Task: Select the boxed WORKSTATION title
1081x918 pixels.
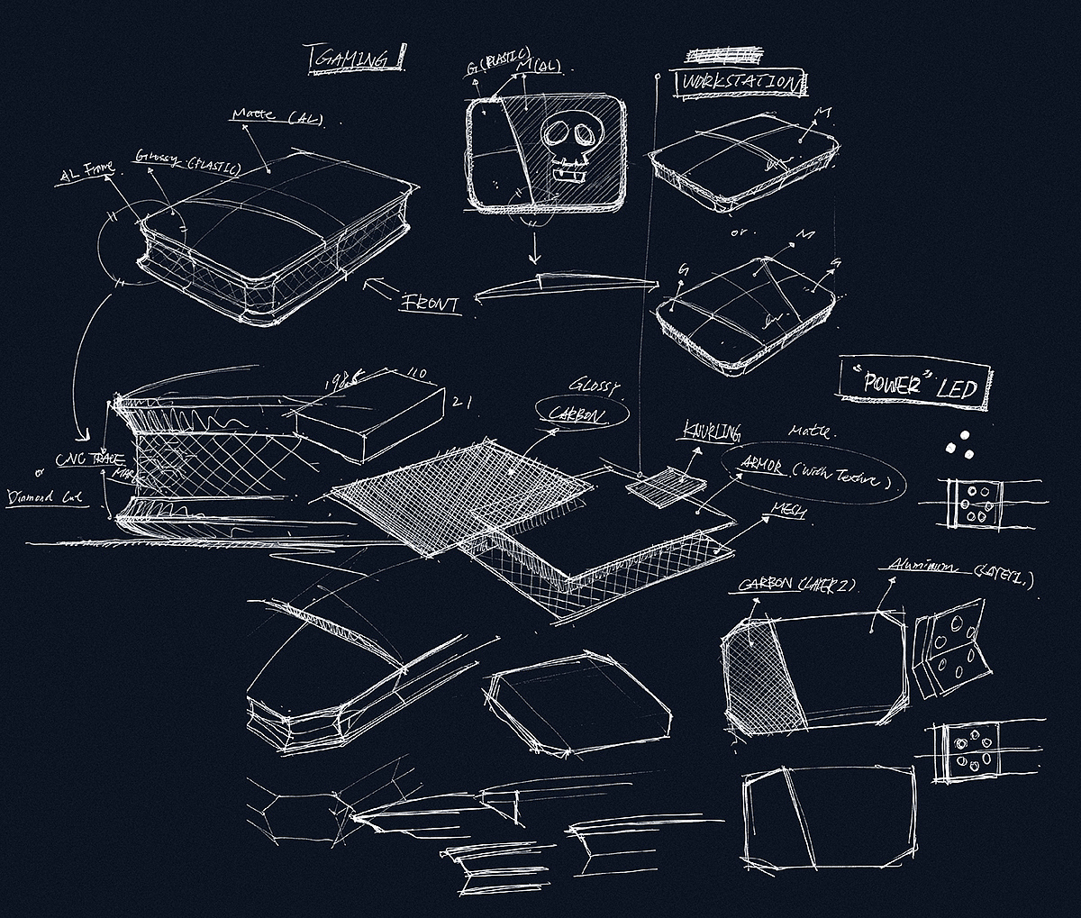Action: pos(740,83)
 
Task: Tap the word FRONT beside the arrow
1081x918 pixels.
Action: pos(431,303)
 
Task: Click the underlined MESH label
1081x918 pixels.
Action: pos(786,511)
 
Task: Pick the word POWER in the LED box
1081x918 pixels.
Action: pos(891,383)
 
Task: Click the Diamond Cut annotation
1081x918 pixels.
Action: pos(47,496)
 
